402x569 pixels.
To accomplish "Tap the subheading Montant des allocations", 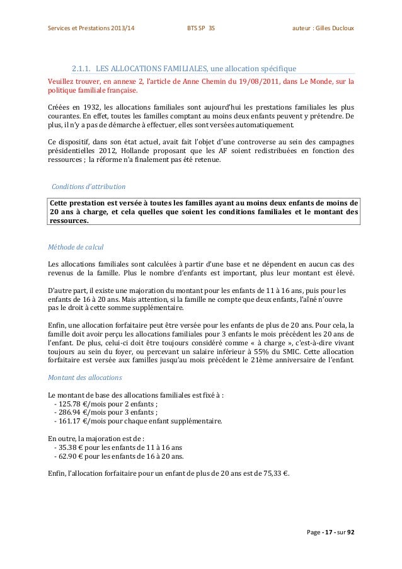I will click(81, 379).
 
